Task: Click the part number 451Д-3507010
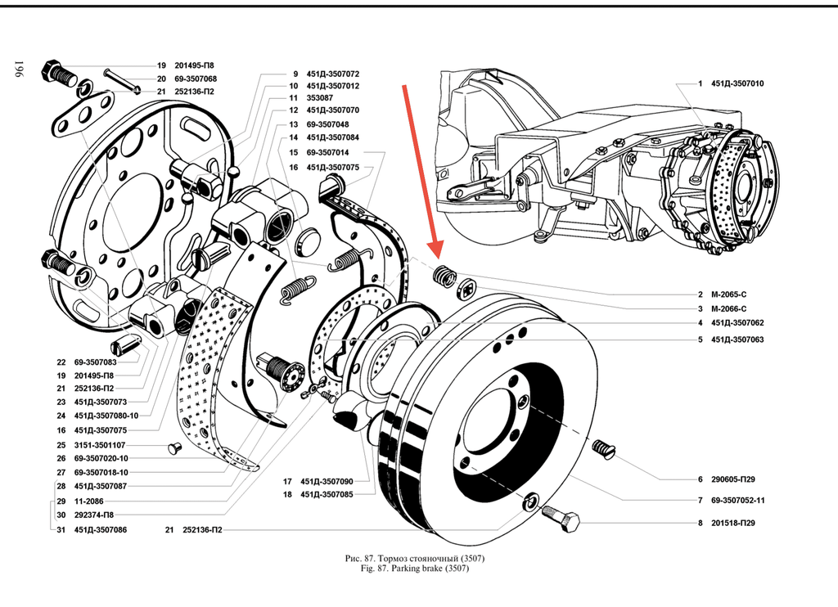click(737, 83)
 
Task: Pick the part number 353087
click(320, 98)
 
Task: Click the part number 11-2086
click(88, 500)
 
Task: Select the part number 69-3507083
click(95, 362)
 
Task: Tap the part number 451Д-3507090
click(327, 481)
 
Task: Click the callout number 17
click(288, 481)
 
